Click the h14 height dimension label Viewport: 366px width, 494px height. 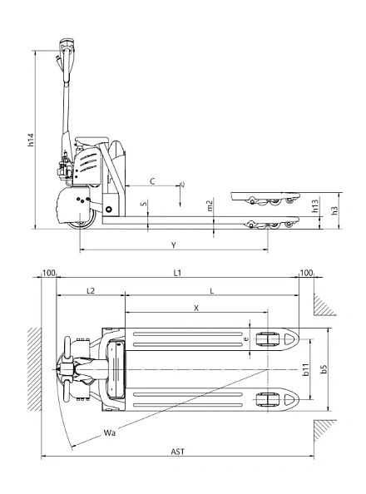(x=31, y=141)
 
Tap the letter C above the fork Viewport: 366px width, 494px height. (x=151, y=180)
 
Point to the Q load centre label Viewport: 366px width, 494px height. (x=182, y=185)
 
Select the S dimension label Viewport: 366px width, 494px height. (x=143, y=203)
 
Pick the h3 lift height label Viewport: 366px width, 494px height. (x=334, y=210)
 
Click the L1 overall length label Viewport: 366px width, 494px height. (x=177, y=273)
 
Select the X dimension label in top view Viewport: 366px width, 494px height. (x=195, y=307)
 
